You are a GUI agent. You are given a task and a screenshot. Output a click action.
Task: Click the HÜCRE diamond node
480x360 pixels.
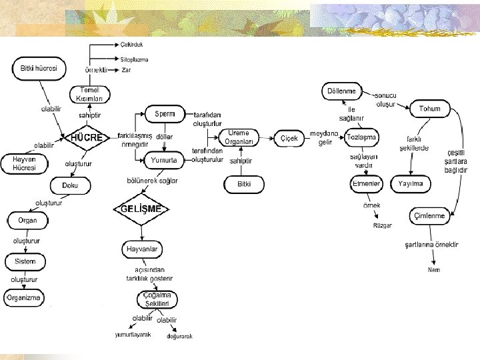coord(87,138)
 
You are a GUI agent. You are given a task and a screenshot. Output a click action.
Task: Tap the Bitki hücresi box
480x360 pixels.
coord(39,69)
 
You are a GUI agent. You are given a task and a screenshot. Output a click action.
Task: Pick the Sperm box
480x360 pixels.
coord(165,114)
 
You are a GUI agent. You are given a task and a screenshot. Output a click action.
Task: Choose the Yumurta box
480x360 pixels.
coord(164,159)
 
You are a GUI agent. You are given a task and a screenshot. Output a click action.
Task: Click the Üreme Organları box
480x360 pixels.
coord(238,137)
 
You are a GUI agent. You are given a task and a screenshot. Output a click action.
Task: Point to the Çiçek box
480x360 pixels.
coord(289,138)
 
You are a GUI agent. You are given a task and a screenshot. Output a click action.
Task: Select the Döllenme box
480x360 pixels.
coord(342,91)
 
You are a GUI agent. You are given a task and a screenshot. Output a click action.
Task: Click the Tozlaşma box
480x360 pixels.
coord(362,137)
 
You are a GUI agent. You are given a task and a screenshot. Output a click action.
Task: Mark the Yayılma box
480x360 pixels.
coord(411,183)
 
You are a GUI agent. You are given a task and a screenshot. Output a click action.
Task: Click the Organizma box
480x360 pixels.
coord(24,297)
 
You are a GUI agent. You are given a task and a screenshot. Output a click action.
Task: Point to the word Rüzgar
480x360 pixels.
coord(382,225)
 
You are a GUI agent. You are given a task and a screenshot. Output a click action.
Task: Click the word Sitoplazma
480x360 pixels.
coord(135,59)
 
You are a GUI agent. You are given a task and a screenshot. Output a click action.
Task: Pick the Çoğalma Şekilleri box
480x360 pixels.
coord(157,299)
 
